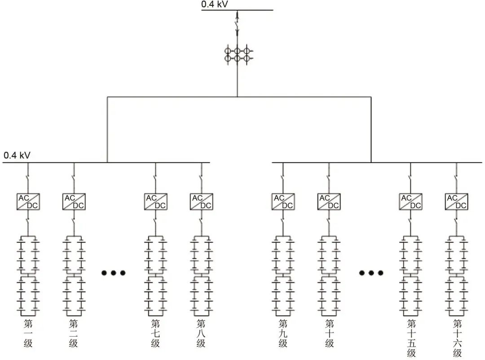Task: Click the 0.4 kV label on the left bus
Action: pyautogui.click(x=17, y=156)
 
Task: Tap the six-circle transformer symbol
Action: pyautogui.click(x=237, y=54)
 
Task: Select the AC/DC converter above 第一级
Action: pyautogui.click(x=28, y=201)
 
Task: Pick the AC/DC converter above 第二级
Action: pyautogui.click(x=74, y=201)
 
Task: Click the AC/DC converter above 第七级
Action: pyautogui.click(x=155, y=201)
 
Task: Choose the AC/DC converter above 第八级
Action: pyautogui.click(x=201, y=201)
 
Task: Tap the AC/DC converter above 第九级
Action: pyautogui.click(x=283, y=201)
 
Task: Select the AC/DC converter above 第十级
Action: pyautogui.click(x=329, y=201)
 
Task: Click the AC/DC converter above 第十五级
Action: pyautogui.click(x=410, y=201)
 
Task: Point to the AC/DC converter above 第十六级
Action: pyautogui.click(x=456, y=201)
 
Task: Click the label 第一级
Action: pyautogui.click(x=28, y=333)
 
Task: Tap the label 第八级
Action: pyautogui.click(x=201, y=333)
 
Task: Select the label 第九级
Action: pyautogui.click(x=283, y=333)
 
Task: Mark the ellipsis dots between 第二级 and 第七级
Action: pyautogui.click(x=113, y=273)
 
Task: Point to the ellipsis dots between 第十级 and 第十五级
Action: pyautogui.click(x=371, y=273)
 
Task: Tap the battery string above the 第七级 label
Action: pyautogui.click(x=155, y=274)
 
